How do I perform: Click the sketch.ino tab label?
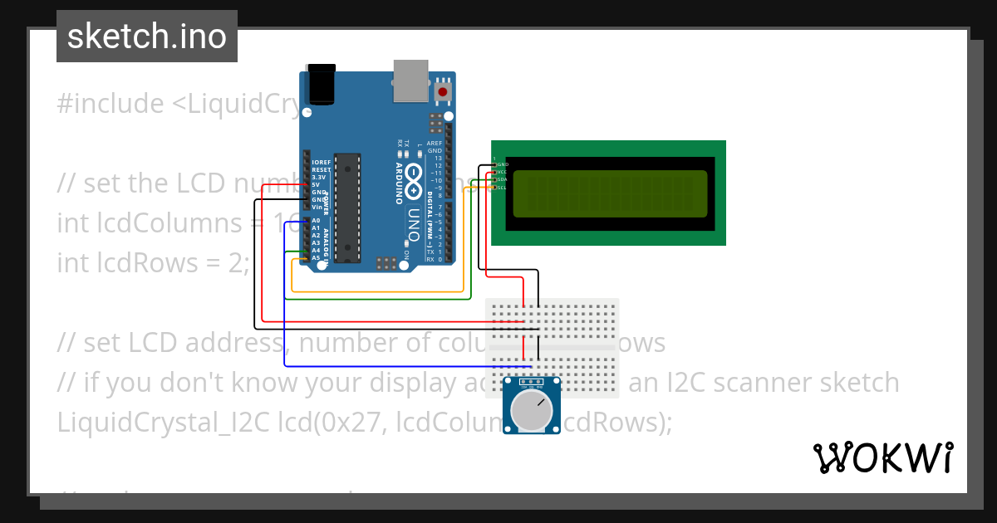(146, 37)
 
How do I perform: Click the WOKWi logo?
(882, 457)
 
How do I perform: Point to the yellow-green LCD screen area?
(610, 193)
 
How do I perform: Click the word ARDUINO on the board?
(400, 178)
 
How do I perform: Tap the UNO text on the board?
(414, 224)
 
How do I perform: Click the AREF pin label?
(435, 144)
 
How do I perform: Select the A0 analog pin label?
(316, 221)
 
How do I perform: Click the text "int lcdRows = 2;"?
(153, 263)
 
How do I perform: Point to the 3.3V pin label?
(318, 177)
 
